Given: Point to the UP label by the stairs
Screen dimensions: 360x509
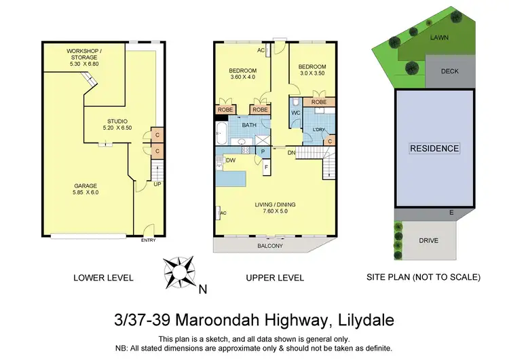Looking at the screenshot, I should tap(157, 183).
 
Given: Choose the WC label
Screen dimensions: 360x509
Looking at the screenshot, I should tap(296, 113).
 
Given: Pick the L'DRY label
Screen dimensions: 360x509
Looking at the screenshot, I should tap(320, 129).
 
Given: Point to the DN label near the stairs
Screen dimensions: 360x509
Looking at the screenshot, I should tap(290, 154).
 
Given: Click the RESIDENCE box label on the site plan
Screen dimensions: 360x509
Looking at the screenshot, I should tap(434, 148).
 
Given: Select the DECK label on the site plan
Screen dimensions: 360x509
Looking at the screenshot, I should tap(450, 70).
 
